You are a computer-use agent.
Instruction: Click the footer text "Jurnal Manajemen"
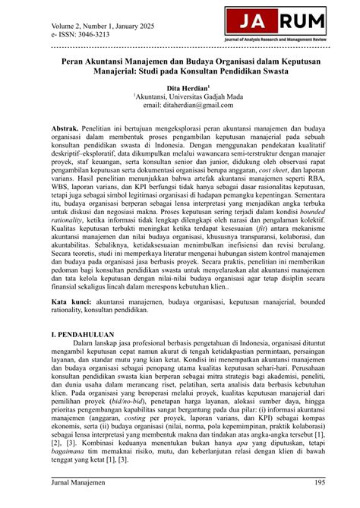77,482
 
